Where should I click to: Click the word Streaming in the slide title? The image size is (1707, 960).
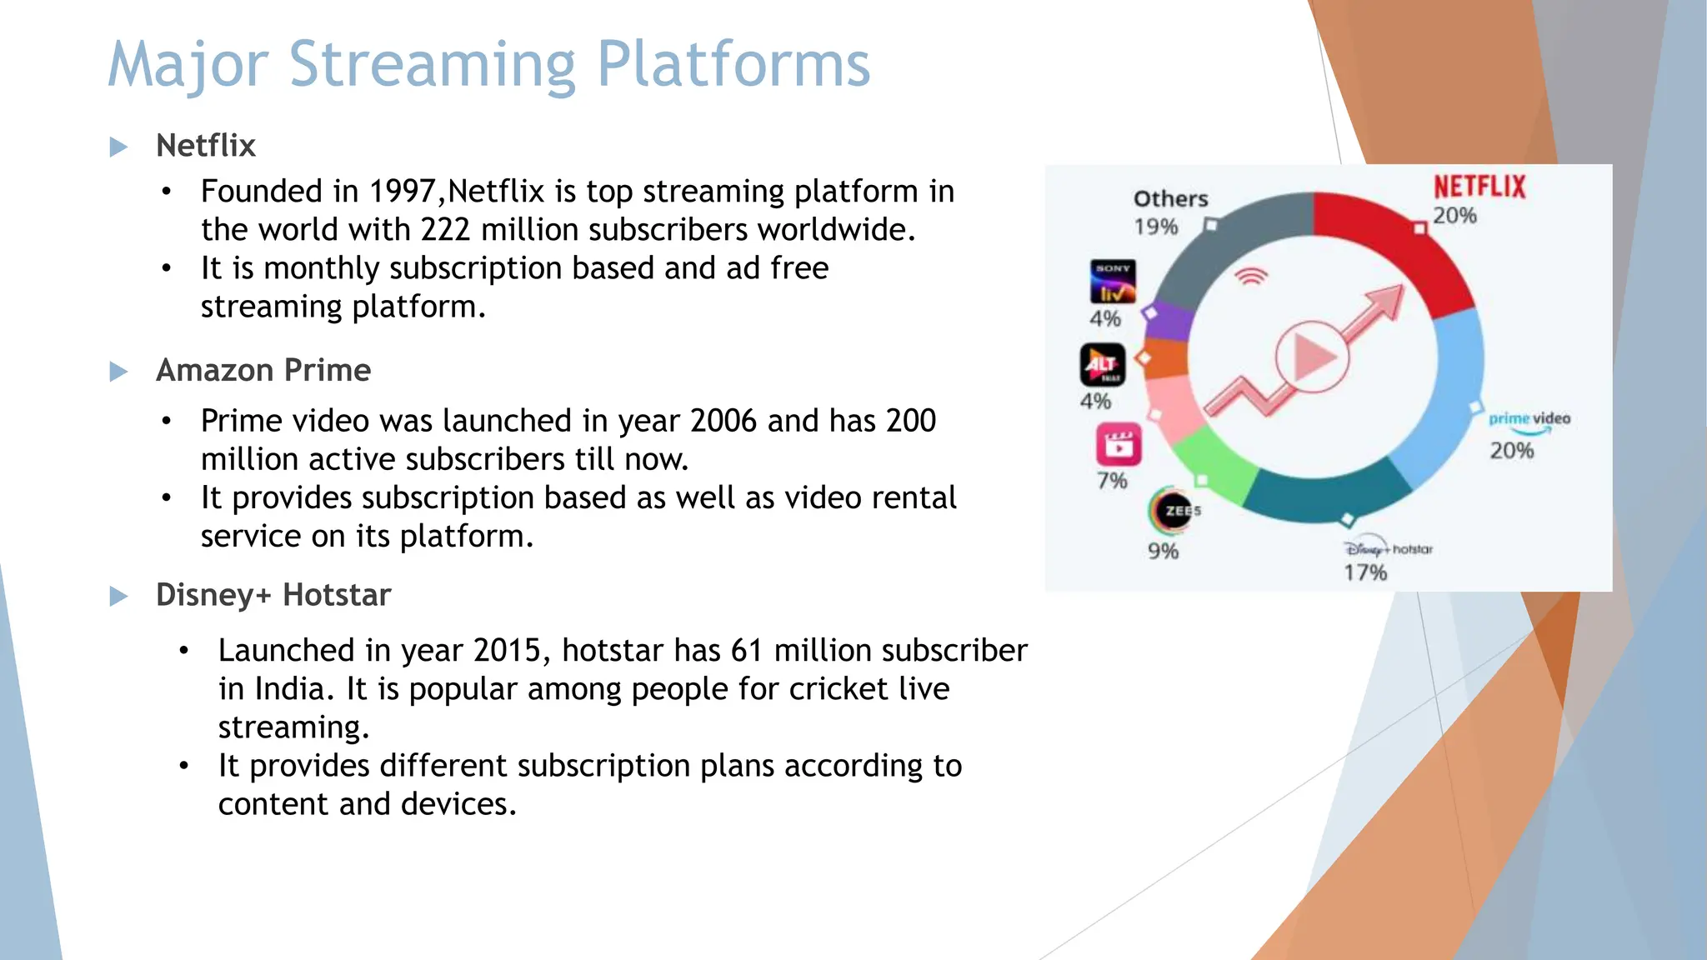432,65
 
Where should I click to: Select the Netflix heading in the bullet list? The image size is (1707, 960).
205,146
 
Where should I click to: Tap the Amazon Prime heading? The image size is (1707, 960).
263,370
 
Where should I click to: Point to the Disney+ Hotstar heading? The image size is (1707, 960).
273,595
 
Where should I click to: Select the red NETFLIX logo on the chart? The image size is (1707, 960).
1479,187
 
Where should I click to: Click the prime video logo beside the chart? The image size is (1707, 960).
1529,419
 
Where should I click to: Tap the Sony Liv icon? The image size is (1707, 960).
1113,282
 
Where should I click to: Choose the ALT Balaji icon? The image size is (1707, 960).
1103,365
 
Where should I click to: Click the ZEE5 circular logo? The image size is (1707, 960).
1175,510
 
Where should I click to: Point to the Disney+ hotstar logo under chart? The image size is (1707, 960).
1387,548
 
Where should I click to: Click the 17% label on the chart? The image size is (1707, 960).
1365,572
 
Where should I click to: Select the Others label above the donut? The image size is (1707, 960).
1170,198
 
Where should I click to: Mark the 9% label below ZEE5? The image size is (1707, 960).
1163,551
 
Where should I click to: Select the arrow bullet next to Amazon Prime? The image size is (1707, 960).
119,372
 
